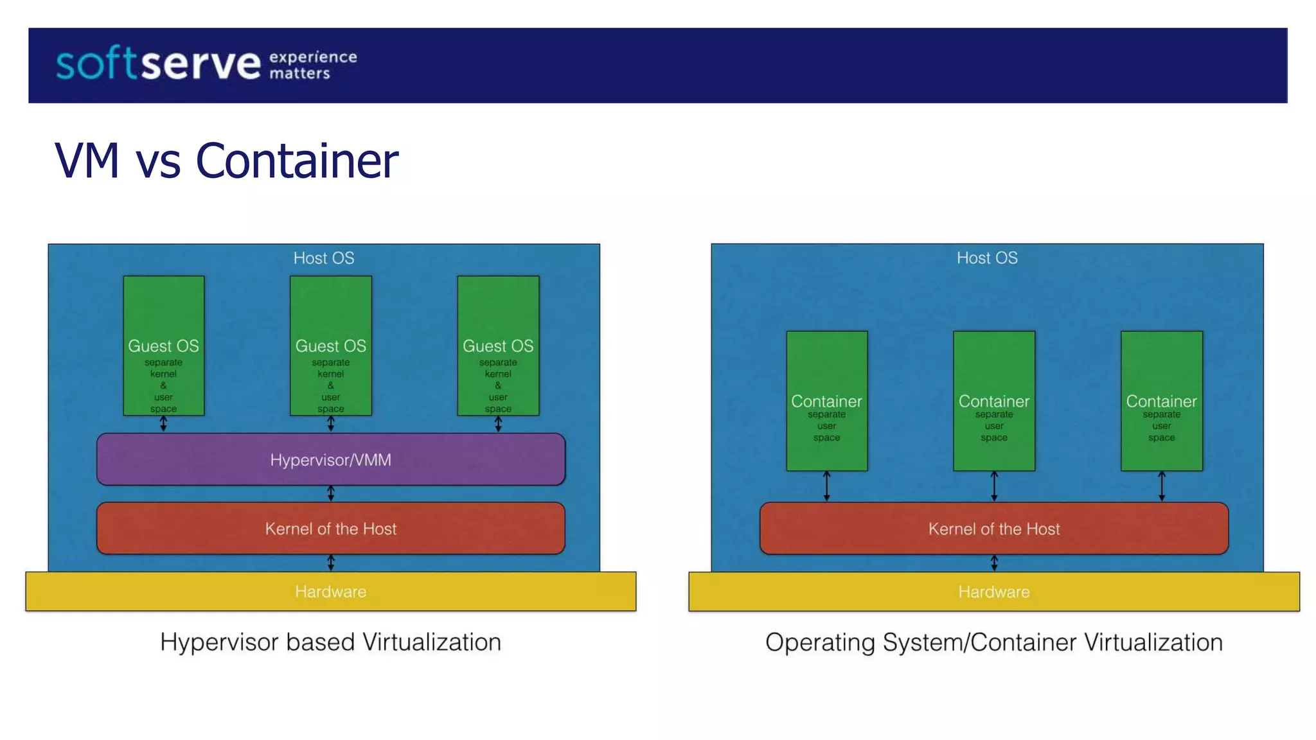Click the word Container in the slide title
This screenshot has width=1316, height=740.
[296, 161]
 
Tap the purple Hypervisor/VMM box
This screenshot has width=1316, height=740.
[330, 459]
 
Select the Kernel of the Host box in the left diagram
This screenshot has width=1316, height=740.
[330, 528]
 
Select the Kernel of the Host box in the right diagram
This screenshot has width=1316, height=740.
[993, 528]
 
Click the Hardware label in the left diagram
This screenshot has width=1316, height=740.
[330, 591]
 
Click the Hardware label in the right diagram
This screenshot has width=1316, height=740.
[993, 591]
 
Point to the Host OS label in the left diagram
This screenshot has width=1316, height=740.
[324, 258]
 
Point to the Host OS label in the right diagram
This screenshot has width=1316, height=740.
[987, 258]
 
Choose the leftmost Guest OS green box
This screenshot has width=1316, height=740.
[163, 346]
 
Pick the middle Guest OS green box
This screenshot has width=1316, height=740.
[330, 346]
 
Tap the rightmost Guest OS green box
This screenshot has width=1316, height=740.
[498, 346]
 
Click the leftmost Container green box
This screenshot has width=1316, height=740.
[826, 401]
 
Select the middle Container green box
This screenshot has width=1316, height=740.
[993, 401]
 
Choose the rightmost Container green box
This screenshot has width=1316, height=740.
[1161, 401]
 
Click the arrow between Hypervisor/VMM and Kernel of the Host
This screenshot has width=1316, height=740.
[330, 493]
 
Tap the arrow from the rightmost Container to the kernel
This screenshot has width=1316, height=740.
[1161, 486]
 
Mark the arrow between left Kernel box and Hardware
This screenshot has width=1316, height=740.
[330, 563]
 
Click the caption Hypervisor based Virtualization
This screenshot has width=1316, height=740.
[330, 642]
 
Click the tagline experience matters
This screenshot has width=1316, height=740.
[312, 65]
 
